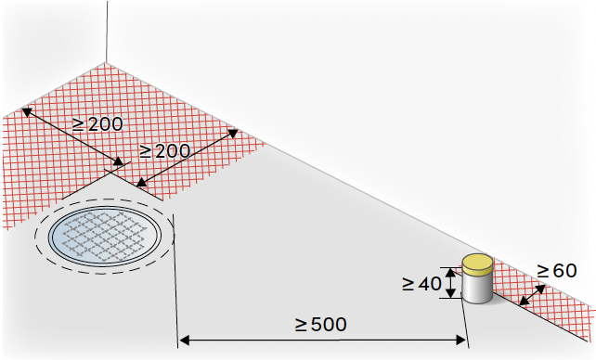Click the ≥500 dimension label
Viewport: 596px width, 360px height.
[321, 325]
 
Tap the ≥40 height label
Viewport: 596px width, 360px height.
[421, 283]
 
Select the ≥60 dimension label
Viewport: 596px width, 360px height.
[557, 271]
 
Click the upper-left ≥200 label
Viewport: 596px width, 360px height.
[97, 124]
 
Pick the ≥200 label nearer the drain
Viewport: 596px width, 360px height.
[164, 151]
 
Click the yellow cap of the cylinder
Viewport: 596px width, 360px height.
[477, 264]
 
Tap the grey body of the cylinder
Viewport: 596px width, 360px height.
[477, 289]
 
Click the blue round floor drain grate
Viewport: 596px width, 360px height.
[103, 236]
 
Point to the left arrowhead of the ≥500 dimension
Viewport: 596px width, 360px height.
[185, 341]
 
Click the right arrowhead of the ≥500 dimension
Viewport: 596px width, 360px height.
[460, 341]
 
